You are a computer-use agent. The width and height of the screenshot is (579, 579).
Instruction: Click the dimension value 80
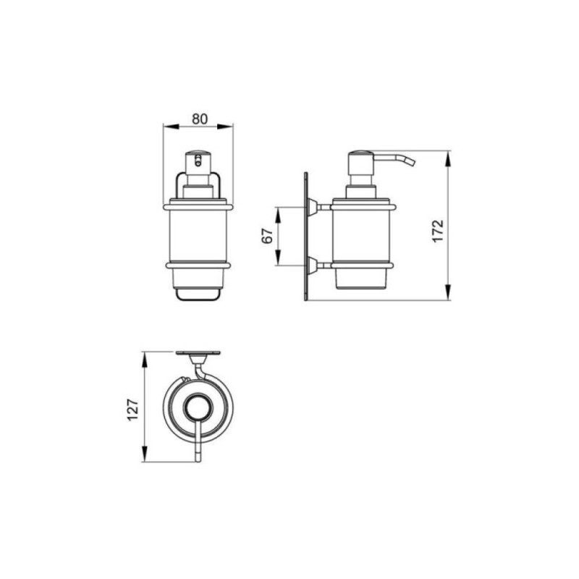[200, 119]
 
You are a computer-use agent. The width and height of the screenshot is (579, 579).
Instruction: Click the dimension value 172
[438, 231]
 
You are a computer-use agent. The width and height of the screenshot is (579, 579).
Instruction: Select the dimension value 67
[267, 236]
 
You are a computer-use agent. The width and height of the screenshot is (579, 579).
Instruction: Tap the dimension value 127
[132, 409]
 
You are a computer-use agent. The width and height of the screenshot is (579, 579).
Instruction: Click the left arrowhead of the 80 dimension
[171, 127]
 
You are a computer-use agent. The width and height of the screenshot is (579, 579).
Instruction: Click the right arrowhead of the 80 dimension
[225, 127]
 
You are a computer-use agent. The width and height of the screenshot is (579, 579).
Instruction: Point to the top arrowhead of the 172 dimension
[448, 159]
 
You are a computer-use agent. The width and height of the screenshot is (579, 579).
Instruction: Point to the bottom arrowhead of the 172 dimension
[448, 292]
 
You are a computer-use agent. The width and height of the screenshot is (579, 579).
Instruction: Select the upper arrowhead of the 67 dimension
[278, 215]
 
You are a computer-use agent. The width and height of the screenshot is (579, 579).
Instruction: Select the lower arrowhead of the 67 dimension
[278, 258]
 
